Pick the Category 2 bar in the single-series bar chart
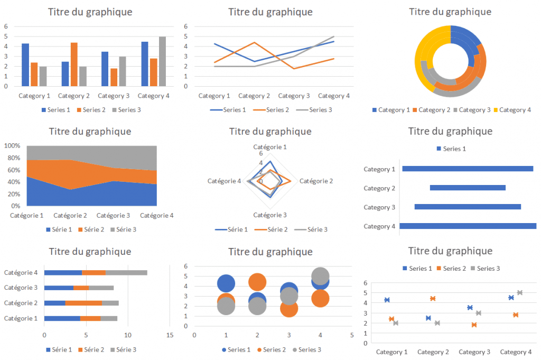coord(468,188)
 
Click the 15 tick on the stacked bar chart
coord(170,335)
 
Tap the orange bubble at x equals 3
coord(288,308)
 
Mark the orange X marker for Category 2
coord(433,299)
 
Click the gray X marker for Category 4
coord(520,293)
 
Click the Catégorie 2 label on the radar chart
coord(316,181)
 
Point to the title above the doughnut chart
coord(450,12)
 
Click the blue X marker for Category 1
coord(387,300)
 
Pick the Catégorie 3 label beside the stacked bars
coord(21,288)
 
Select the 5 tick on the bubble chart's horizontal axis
coord(351,335)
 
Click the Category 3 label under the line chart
coord(294,96)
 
